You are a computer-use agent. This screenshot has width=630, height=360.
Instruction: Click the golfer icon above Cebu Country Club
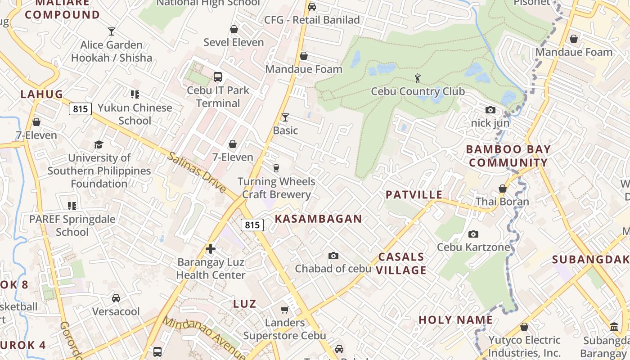click(x=418, y=78)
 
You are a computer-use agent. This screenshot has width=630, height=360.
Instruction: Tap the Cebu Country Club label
click(x=418, y=91)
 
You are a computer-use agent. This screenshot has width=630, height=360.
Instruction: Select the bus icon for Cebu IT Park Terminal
click(x=218, y=77)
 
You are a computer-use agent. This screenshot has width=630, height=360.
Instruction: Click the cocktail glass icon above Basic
click(x=285, y=117)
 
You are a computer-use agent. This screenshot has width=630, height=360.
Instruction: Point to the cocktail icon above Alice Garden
click(x=112, y=31)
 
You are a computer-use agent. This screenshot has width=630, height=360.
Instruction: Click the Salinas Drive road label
click(x=197, y=172)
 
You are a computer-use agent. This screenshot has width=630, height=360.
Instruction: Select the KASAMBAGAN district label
click(x=318, y=219)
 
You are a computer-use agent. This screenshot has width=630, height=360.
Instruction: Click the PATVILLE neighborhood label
click(x=414, y=194)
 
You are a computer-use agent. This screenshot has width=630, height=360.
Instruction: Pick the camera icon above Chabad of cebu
click(x=333, y=256)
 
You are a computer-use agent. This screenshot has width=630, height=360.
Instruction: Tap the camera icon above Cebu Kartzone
click(x=473, y=234)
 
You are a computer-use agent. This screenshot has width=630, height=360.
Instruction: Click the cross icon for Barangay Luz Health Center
click(x=210, y=249)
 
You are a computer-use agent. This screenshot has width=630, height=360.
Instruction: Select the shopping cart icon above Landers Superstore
click(x=284, y=310)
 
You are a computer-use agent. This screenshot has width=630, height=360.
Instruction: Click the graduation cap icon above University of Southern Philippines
click(x=99, y=144)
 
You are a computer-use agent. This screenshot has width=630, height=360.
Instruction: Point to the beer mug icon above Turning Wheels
click(x=276, y=168)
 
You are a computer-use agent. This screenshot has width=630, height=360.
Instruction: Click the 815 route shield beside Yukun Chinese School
click(x=80, y=108)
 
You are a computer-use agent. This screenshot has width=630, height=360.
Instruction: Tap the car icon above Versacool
click(x=116, y=298)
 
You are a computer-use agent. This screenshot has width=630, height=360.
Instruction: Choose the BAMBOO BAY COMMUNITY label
click(x=508, y=156)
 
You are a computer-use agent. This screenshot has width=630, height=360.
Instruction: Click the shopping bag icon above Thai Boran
click(x=502, y=189)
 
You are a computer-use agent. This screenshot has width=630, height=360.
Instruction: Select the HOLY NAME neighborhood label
click(x=455, y=320)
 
